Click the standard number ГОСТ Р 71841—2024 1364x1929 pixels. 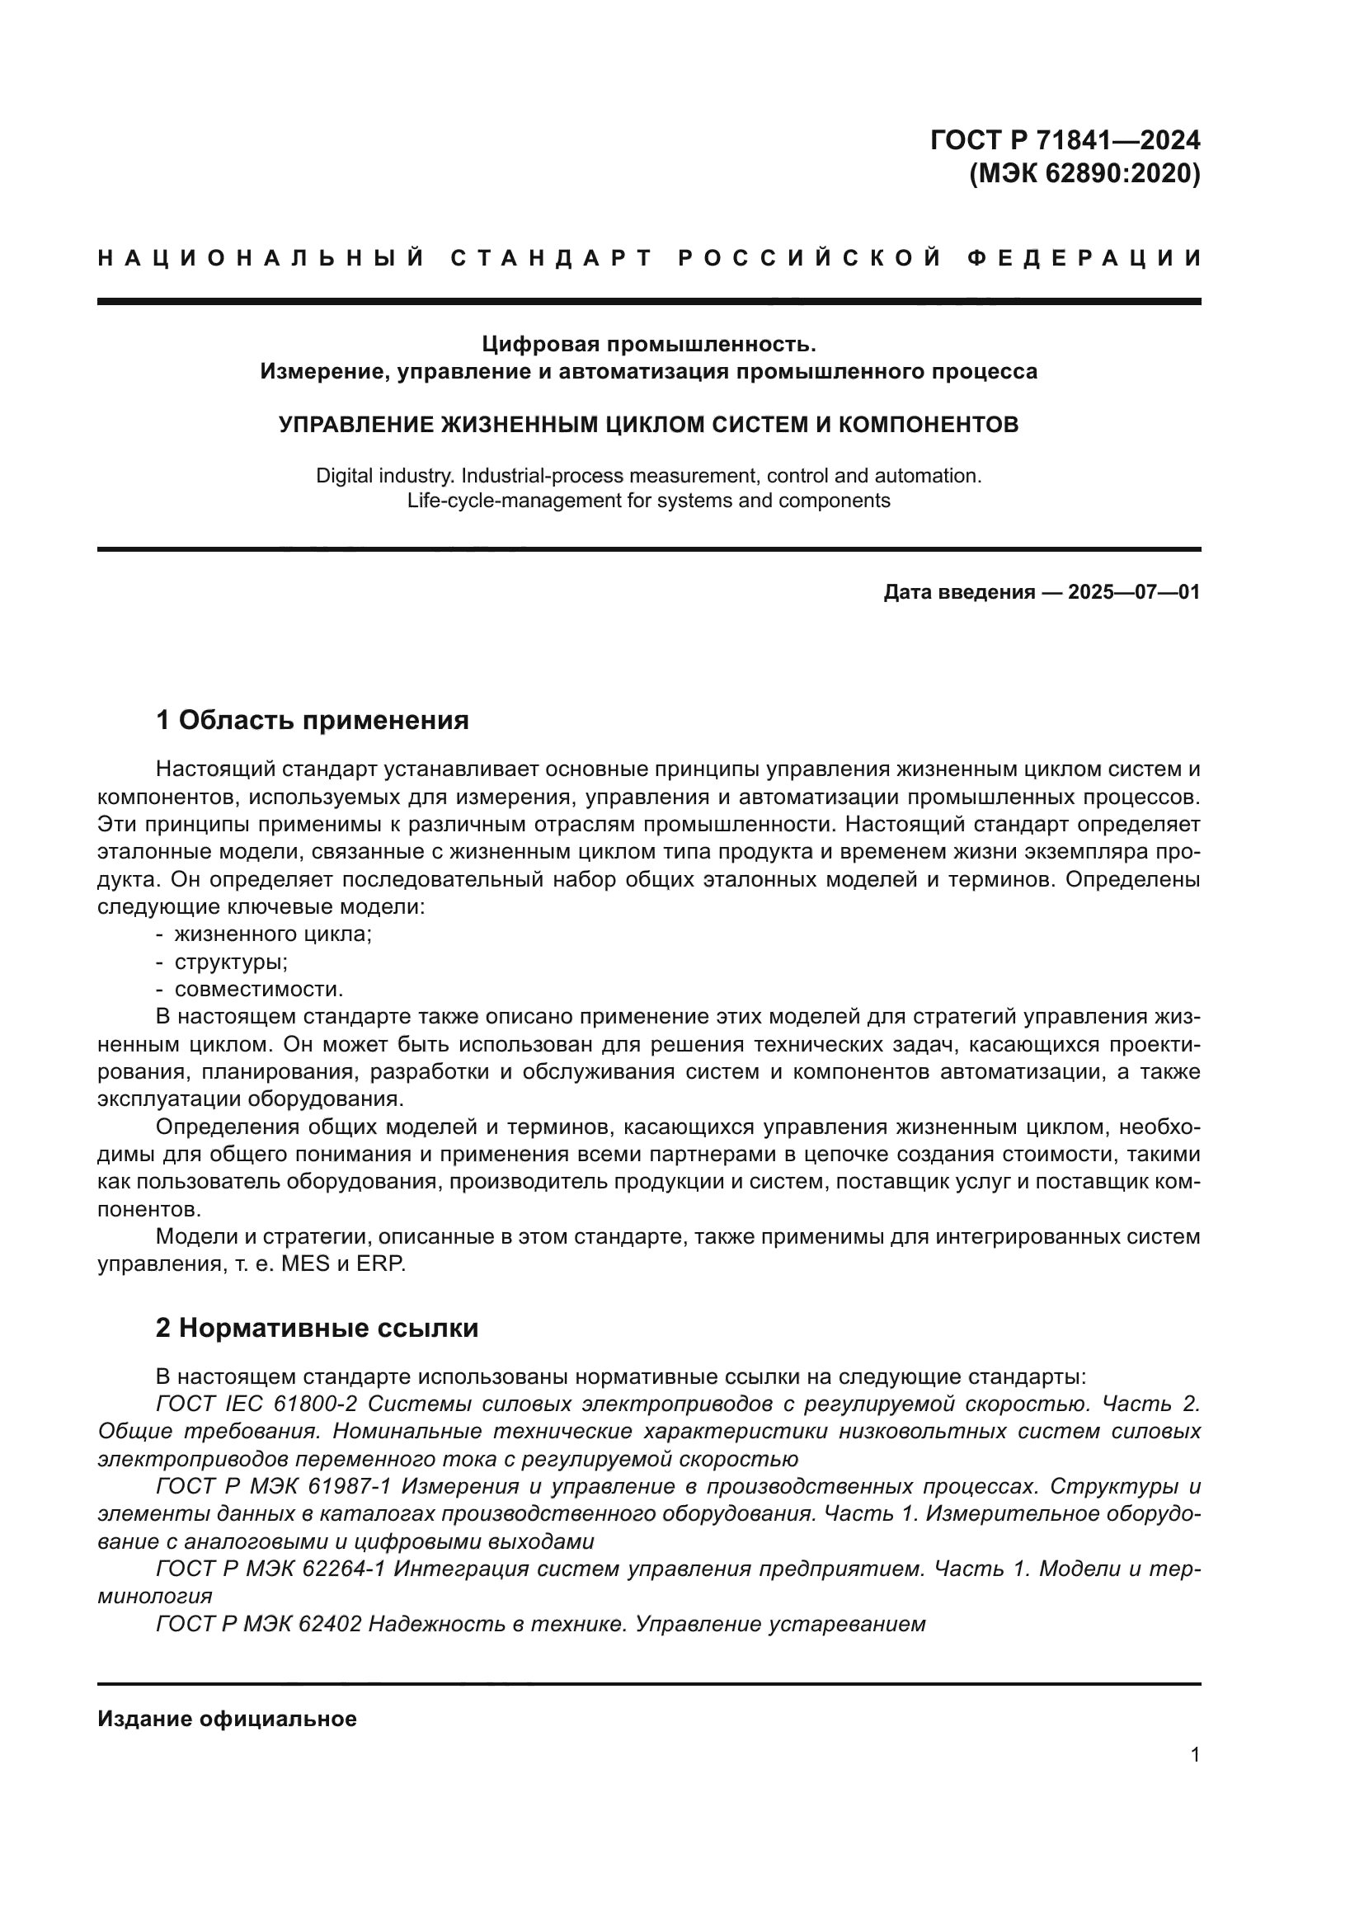coord(1065,139)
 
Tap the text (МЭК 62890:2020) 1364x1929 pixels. coord(1084,174)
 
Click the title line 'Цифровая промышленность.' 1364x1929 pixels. coord(648,344)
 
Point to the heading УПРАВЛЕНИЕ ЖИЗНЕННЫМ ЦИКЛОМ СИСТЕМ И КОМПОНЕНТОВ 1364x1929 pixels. coord(648,424)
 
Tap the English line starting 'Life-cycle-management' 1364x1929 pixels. coord(648,501)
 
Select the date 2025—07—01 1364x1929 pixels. coord(1133,592)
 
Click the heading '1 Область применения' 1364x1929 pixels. coord(313,720)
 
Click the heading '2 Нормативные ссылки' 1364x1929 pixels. coord(317,1329)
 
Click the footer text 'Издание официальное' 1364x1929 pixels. coord(227,1719)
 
